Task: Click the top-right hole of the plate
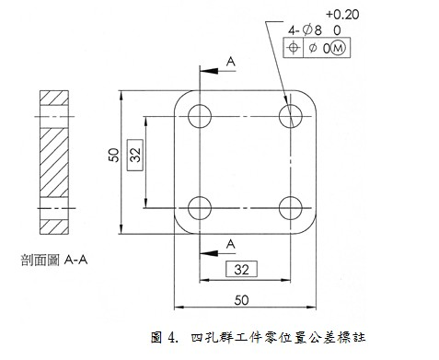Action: (x=291, y=116)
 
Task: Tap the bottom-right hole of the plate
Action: (x=291, y=206)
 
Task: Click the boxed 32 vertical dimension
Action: (x=134, y=157)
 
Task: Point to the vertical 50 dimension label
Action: (x=110, y=157)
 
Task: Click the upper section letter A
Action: (x=230, y=60)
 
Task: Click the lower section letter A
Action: (x=230, y=242)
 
